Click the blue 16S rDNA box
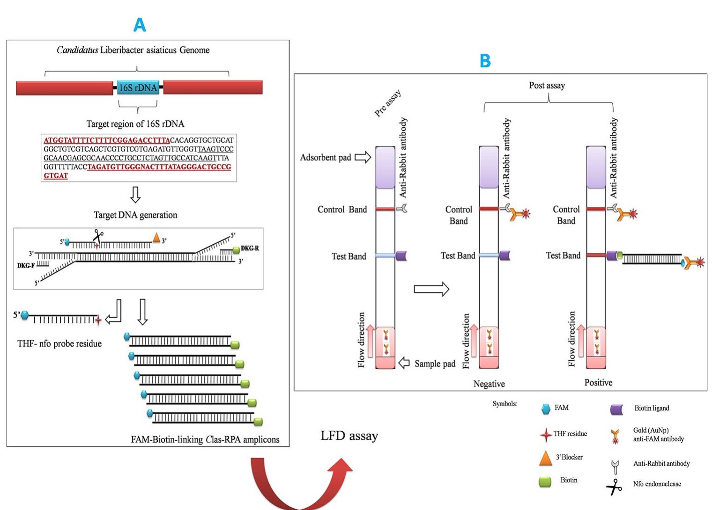pyautogui.click(x=138, y=87)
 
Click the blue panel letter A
pyautogui.click(x=140, y=25)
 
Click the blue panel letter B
pyautogui.click(x=485, y=61)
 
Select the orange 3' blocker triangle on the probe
pyautogui.click(x=156, y=238)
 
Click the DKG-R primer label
pyautogui.click(x=250, y=248)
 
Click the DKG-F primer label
pyautogui.click(x=26, y=265)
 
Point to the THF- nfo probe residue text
pyautogui.click(x=59, y=343)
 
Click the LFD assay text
pyautogui.click(x=349, y=436)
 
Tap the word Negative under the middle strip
pyautogui.click(x=489, y=384)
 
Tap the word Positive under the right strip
pyautogui.click(x=598, y=382)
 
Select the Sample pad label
pyautogui.click(x=435, y=364)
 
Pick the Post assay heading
pyautogui.click(x=547, y=85)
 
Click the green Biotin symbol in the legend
pyautogui.click(x=545, y=481)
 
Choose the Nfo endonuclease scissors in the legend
pyautogui.click(x=614, y=487)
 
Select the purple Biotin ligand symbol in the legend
pyautogui.click(x=617, y=409)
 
